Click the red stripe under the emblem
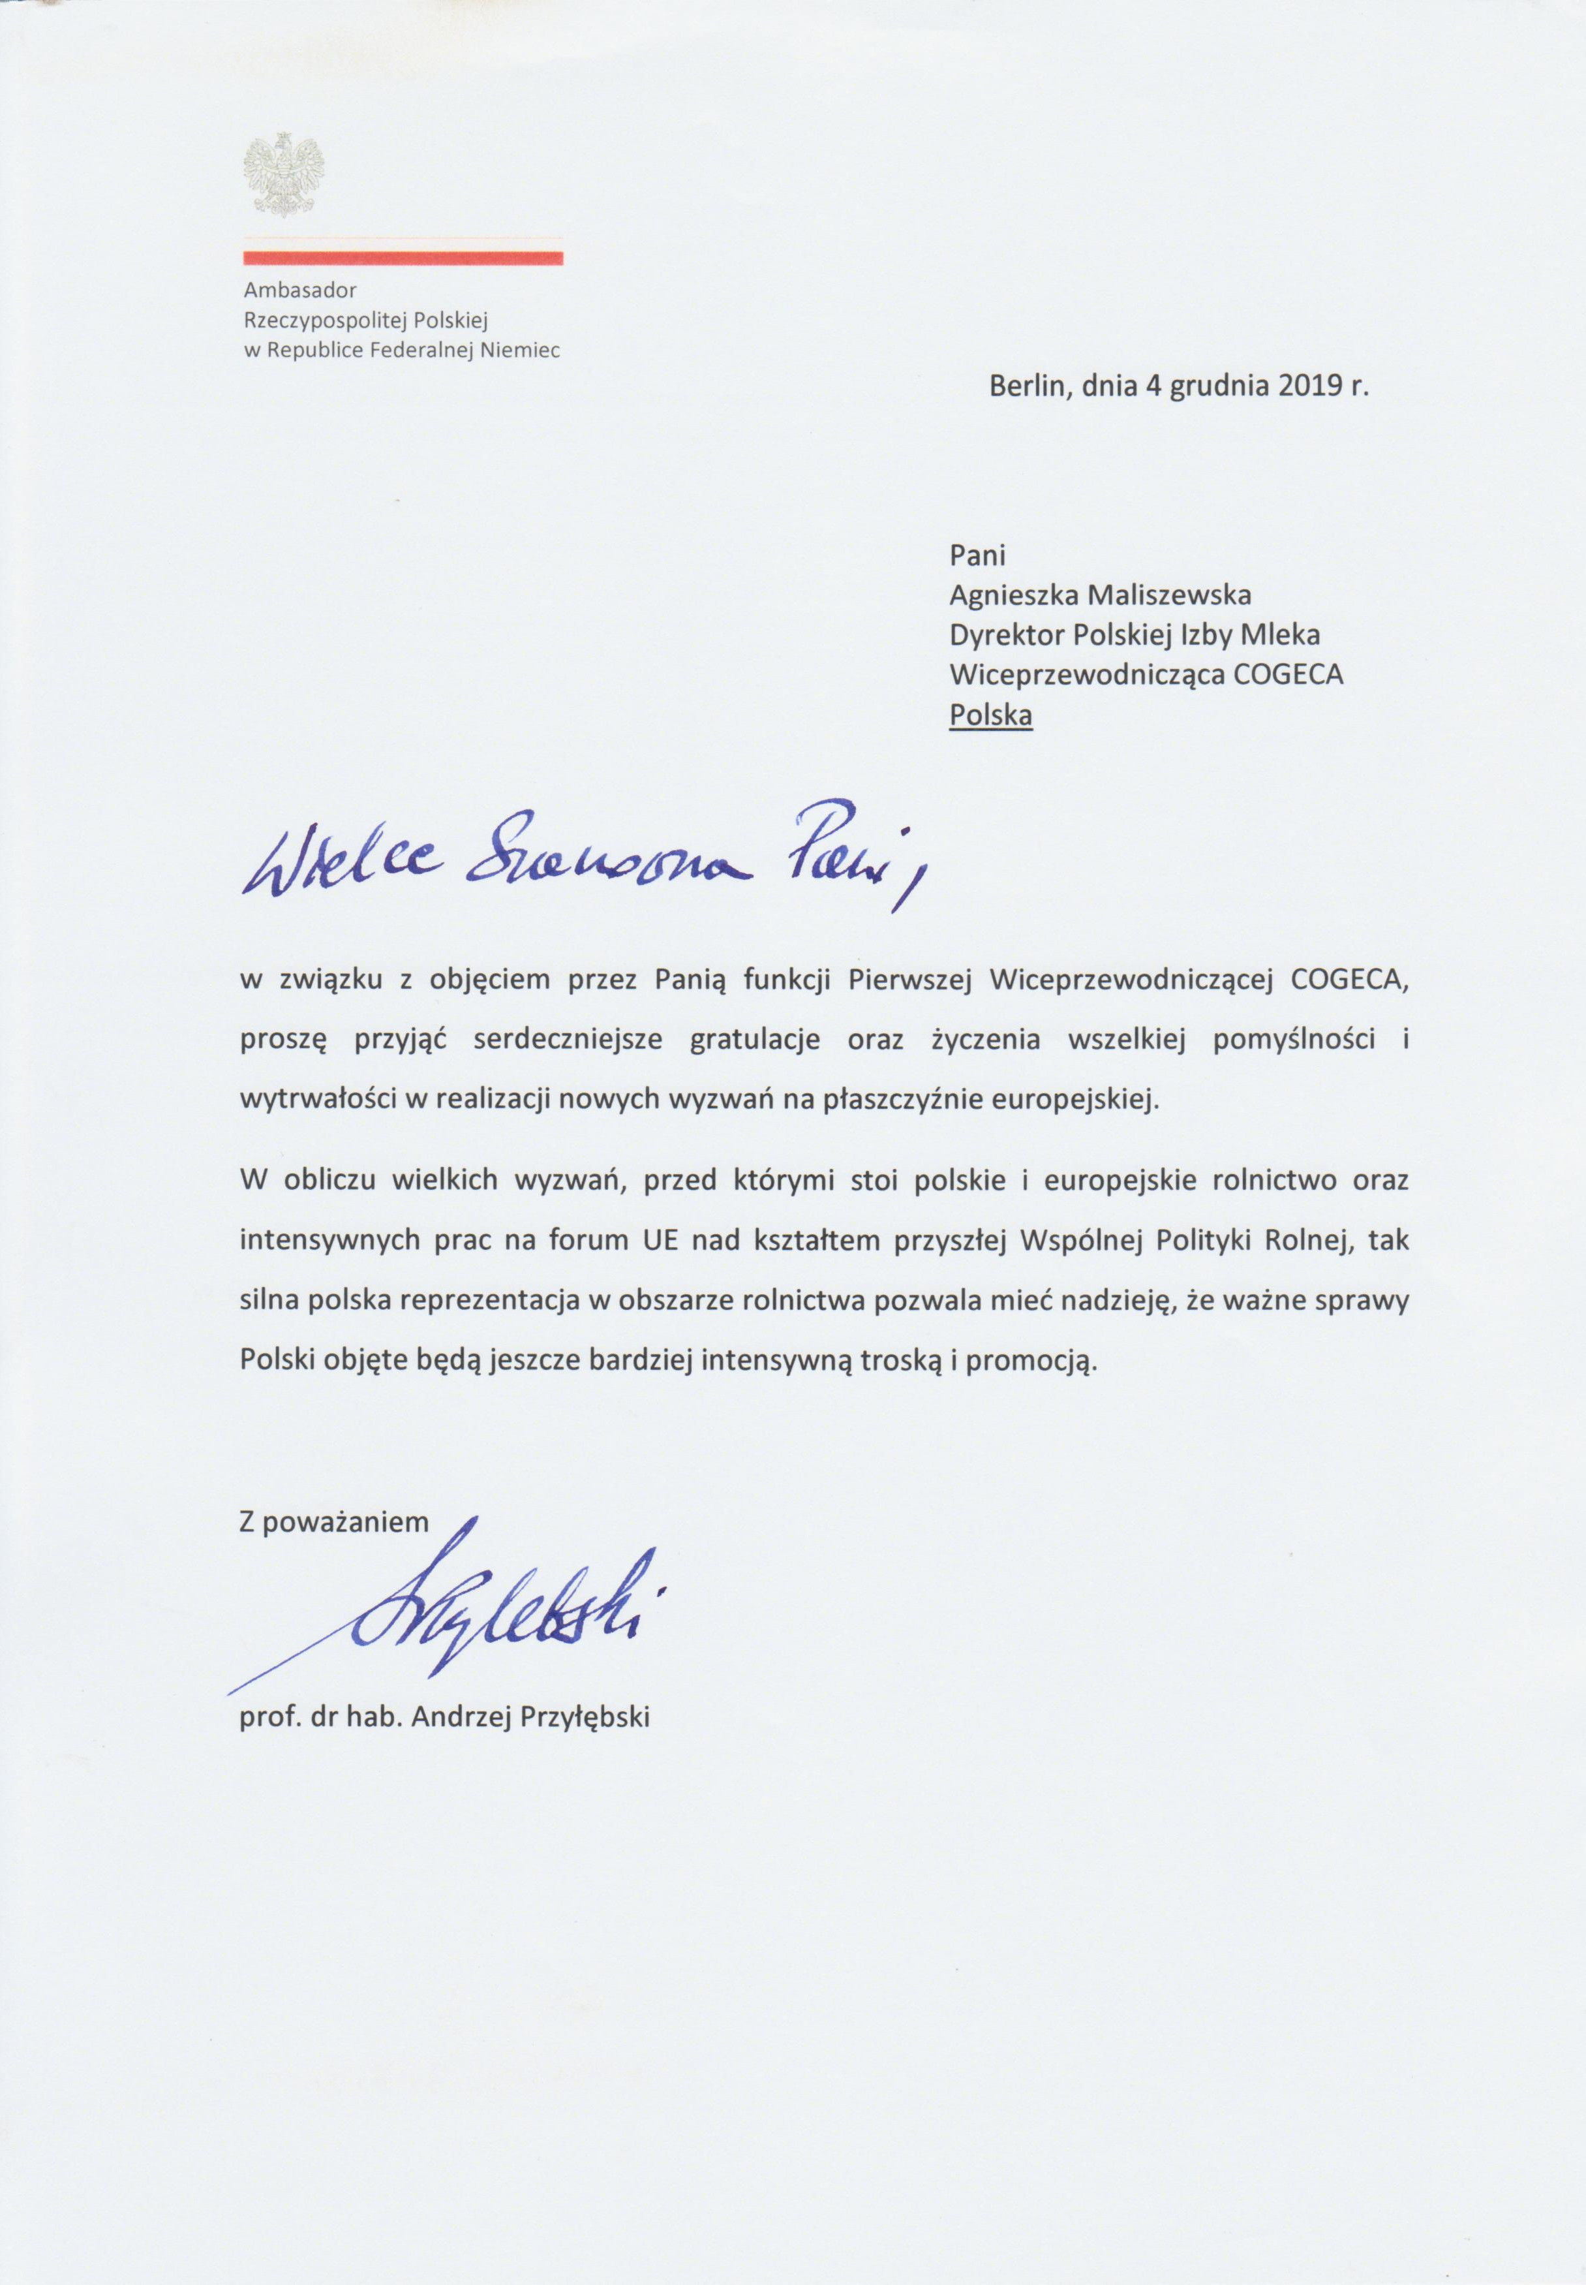point(403,258)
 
